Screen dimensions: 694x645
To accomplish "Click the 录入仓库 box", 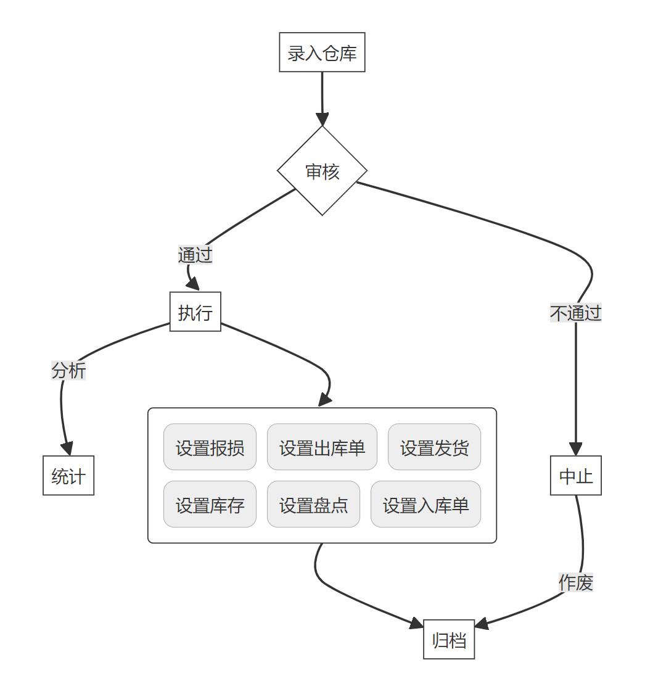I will [x=322, y=52].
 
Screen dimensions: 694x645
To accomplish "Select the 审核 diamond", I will [x=322, y=171].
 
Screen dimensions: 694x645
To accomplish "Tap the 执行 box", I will [x=195, y=312].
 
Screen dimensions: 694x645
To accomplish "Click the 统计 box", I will [x=68, y=476].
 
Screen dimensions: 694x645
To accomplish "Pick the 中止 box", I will [x=575, y=476].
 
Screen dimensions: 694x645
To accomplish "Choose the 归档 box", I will [x=449, y=640].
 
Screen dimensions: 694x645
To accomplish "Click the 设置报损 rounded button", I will [x=210, y=447].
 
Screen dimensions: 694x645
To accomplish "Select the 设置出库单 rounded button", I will [x=322, y=447].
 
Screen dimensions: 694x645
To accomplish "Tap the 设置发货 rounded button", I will [x=434, y=447].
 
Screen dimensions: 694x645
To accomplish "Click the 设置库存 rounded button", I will [x=210, y=505].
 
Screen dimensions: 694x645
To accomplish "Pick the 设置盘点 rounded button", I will [x=313, y=505].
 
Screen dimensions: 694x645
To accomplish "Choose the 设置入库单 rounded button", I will [x=425, y=505].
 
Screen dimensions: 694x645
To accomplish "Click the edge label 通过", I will [x=195, y=255].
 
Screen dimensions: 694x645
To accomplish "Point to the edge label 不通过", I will [x=575, y=313].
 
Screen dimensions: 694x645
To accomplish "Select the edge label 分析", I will [x=68, y=371].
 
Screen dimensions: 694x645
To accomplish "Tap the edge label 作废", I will [x=575, y=582].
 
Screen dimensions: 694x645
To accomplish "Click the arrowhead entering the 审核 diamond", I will [x=322, y=120].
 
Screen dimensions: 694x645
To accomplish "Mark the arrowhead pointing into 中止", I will [x=575, y=449].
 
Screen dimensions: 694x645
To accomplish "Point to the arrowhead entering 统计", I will [x=67, y=449].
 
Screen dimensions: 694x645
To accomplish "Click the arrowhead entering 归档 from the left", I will [x=417, y=625].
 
